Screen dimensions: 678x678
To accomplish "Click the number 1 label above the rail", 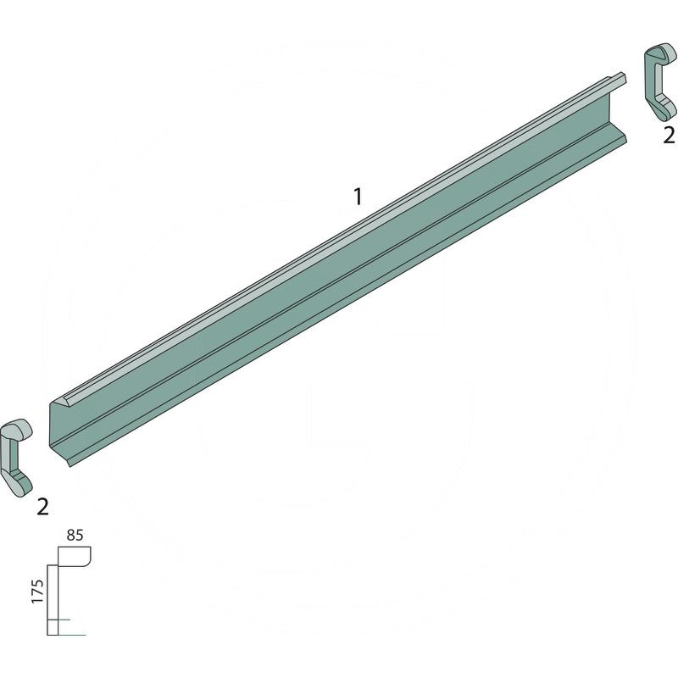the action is point(358,197).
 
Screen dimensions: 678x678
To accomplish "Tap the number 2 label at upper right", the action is point(669,136).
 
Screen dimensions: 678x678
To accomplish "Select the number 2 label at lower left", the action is point(43,507).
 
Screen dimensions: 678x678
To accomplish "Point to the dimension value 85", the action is point(75,536).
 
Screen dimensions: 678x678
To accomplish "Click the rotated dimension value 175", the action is point(37,592).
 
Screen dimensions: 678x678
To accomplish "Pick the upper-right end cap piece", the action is point(660,81).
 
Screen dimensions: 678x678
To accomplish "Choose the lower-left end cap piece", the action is point(16,458).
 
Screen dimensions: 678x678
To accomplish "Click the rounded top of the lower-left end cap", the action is point(16,429).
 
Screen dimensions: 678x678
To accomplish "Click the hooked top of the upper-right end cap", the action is point(661,54).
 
